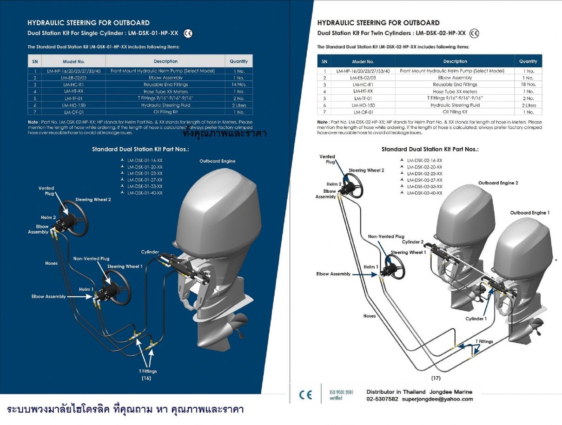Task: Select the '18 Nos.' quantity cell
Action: coord(528,85)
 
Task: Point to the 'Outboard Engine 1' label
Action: coord(529,213)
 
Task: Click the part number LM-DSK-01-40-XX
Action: coord(145,193)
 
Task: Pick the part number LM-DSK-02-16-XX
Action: coord(424,160)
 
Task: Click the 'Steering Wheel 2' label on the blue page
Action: coord(93,200)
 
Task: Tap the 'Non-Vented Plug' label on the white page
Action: coord(386,236)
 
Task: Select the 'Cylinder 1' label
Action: coord(476,319)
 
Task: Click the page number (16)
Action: coord(146,378)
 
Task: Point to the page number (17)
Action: coord(436,378)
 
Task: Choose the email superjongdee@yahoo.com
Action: coord(437,399)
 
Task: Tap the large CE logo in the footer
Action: coord(305,395)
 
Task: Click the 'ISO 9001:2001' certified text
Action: coord(341,392)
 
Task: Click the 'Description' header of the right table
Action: coord(455,61)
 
